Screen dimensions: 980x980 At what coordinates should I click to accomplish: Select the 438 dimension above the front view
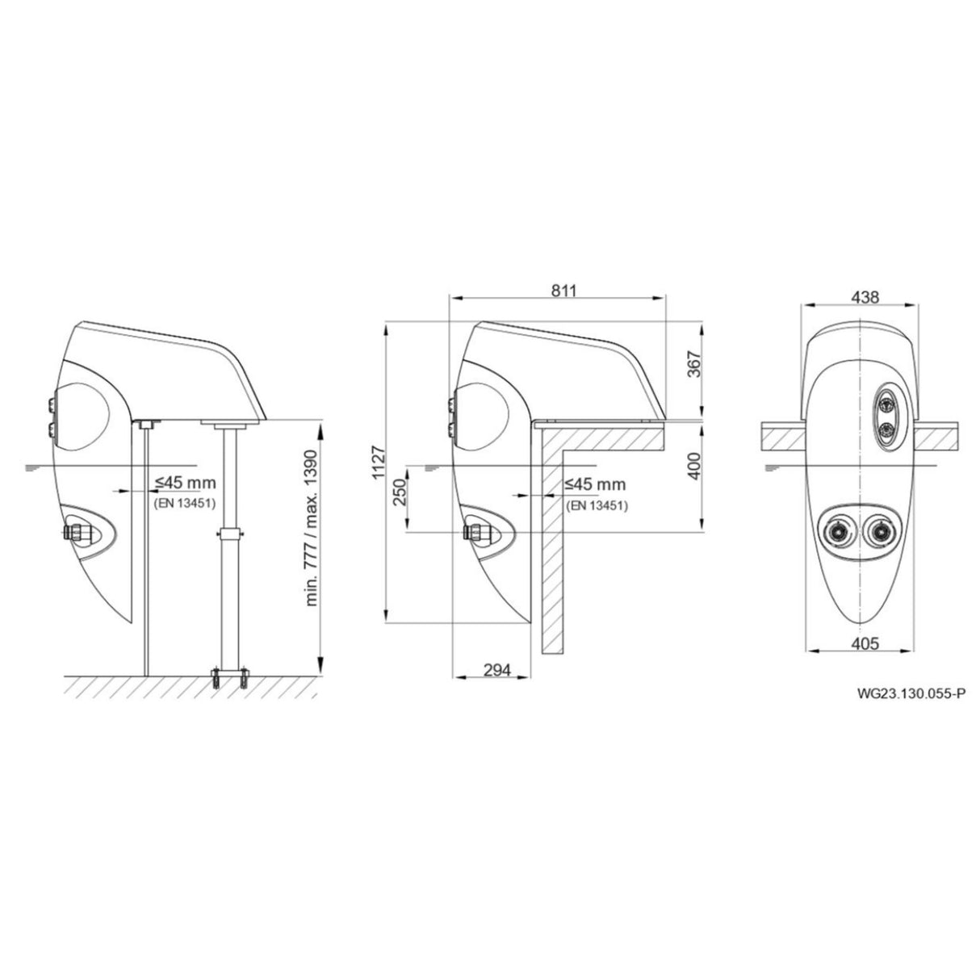[x=865, y=296]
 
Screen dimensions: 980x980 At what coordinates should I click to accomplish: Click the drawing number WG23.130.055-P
[x=912, y=692]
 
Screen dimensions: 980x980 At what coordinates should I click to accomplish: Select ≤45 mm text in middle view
[x=596, y=484]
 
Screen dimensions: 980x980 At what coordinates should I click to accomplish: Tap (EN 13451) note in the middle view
[x=597, y=505]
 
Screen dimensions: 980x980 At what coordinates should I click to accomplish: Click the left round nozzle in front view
[x=838, y=530]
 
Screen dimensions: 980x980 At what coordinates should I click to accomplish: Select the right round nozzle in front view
[x=878, y=530]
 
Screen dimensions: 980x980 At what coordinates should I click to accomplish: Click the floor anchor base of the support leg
[x=228, y=677]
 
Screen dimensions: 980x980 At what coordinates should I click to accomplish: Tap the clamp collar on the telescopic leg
[x=228, y=534]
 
